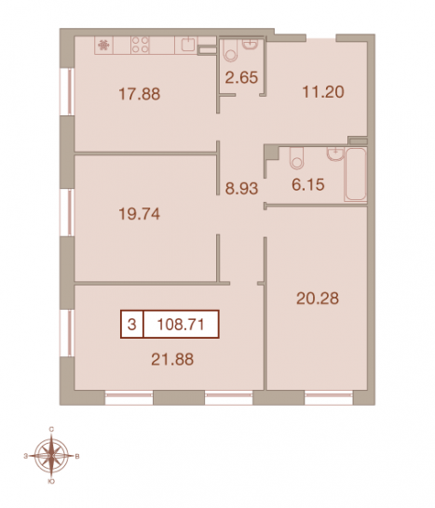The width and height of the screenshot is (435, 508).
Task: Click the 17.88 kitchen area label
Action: pyautogui.click(x=140, y=94)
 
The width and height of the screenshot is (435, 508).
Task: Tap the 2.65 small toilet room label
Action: pyautogui.click(x=241, y=78)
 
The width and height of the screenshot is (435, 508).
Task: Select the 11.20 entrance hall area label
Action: pyautogui.click(x=323, y=92)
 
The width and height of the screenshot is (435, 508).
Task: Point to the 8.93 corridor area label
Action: pyautogui.click(x=241, y=188)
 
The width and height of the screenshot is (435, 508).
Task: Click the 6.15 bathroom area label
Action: pyautogui.click(x=308, y=184)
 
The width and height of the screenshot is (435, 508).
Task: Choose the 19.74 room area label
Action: pyautogui.click(x=140, y=214)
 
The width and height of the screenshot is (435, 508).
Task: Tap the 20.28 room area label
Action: pyautogui.click(x=318, y=299)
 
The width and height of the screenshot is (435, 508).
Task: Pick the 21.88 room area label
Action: pyautogui.click(x=172, y=359)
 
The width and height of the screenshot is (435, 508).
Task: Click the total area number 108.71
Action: pyautogui.click(x=181, y=325)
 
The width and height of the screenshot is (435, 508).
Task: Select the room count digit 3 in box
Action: pyautogui.click(x=131, y=325)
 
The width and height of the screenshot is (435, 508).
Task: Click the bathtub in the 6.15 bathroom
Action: pyautogui.click(x=356, y=174)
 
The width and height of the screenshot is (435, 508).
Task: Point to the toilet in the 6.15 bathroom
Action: pyautogui.click(x=296, y=158)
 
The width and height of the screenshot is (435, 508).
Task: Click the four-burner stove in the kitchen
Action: pyautogui.click(x=140, y=45)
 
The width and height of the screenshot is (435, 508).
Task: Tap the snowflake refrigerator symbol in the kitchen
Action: pyautogui.click(x=103, y=45)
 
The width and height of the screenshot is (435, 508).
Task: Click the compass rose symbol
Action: pyautogui.click(x=51, y=456)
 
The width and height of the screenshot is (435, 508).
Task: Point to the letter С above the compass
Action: pyautogui.click(x=51, y=429)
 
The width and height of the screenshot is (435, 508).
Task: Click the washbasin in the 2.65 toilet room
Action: pyautogui.click(x=251, y=45)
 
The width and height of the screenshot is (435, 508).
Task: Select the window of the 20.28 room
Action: pyautogui.click(x=329, y=397)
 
